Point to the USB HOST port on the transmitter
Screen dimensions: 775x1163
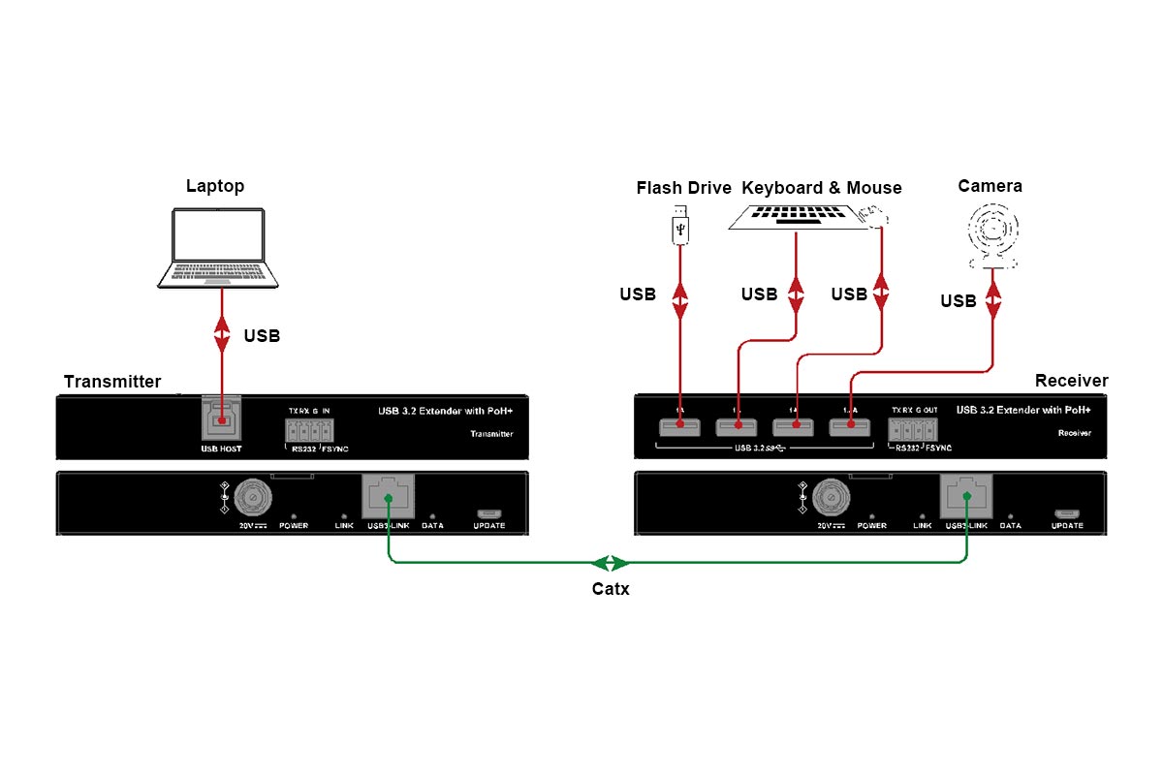coord(221,418)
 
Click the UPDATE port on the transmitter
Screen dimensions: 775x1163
coord(488,513)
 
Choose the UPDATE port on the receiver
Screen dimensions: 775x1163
coord(1067,513)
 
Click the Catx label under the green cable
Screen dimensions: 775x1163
coord(611,588)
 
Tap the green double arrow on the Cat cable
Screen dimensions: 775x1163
coord(611,562)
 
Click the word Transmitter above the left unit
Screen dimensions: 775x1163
coord(112,382)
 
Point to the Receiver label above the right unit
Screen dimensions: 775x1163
coord(1071,381)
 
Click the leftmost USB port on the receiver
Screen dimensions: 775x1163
coord(679,426)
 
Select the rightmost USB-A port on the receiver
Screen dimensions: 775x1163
coord(850,426)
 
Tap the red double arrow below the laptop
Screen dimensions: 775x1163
coord(221,334)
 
